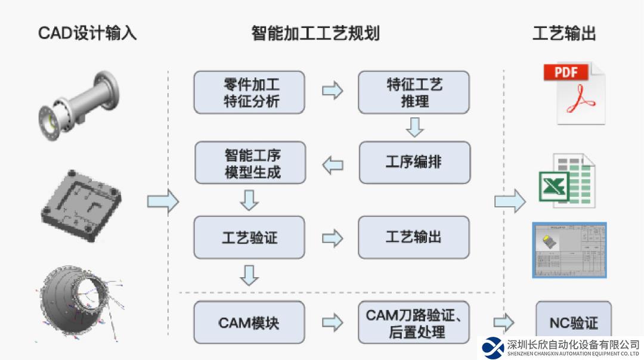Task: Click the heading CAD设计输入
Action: (87, 33)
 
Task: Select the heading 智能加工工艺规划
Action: (315, 33)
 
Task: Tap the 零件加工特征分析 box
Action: (249, 92)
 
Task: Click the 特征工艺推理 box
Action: (413, 92)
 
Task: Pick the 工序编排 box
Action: (413, 162)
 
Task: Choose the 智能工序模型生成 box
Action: (250, 163)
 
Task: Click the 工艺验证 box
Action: (249, 237)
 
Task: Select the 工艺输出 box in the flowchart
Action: (413, 237)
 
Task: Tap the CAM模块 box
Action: (249, 322)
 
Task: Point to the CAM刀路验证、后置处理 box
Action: (413, 322)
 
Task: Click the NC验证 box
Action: (573, 322)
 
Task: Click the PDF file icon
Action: (573, 94)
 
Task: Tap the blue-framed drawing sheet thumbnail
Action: (569, 250)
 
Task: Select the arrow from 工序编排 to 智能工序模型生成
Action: (332, 163)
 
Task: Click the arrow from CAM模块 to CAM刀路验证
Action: (332, 322)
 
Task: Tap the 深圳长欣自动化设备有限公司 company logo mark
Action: (493, 347)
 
